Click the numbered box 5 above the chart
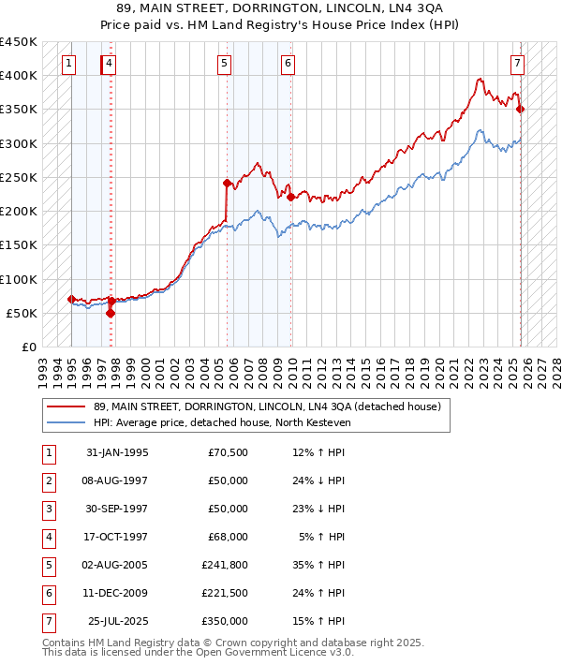point(225,64)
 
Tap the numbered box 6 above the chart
point(288,64)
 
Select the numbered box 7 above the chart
point(517,64)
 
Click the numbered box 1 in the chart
point(69,64)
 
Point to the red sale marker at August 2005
point(227,183)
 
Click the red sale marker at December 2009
point(291,197)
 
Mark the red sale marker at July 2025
point(521,110)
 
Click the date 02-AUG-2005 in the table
point(115,565)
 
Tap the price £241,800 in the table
point(225,565)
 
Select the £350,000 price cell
point(225,621)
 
